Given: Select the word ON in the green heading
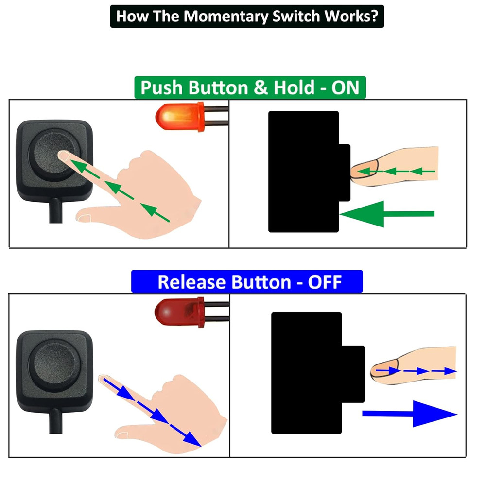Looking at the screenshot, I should coord(346,88).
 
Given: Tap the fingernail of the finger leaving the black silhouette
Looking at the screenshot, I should coord(383,371).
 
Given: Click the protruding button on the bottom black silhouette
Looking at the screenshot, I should coord(353,374).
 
